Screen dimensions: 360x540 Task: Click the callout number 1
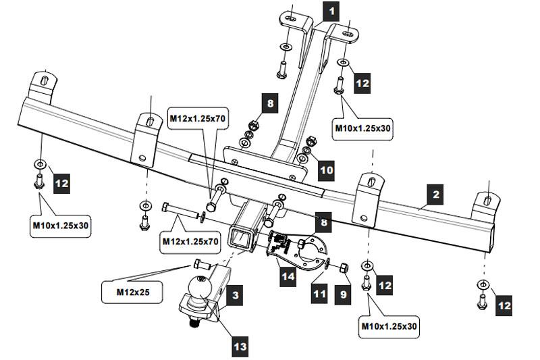[331, 11]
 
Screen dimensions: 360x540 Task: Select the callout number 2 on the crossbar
[436, 195]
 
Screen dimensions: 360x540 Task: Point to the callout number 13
[240, 346]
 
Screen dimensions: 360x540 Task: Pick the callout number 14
[288, 276]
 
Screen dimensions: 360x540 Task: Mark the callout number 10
[326, 170]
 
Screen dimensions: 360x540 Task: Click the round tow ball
[200, 288]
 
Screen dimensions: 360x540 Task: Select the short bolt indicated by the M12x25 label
[200, 264]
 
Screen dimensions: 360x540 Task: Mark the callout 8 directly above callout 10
[270, 103]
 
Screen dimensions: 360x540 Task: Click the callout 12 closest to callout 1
[362, 83]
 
